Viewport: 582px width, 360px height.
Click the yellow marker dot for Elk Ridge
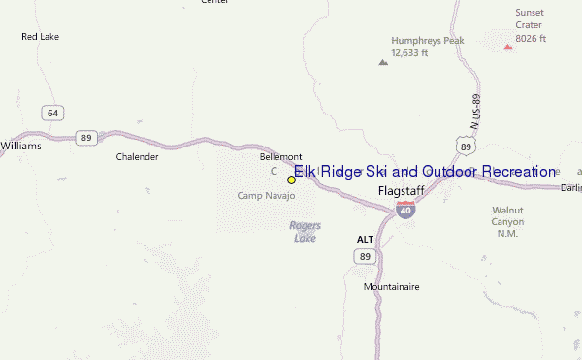coord(291,180)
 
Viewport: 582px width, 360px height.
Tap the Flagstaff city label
coord(401,191)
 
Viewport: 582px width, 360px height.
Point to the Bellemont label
coord(281,156)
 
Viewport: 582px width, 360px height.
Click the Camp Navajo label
coord(266,195)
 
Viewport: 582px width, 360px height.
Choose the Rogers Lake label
coord(305,231)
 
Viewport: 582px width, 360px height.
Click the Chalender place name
coord(137,156)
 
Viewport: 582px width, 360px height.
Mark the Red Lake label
coord(42,37)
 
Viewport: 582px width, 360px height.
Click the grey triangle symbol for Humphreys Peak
coord(382,62)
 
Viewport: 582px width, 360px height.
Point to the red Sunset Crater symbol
coord(508,45)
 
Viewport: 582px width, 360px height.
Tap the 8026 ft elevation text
coord(531,39)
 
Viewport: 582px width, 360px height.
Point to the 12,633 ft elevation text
coord(410,52)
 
